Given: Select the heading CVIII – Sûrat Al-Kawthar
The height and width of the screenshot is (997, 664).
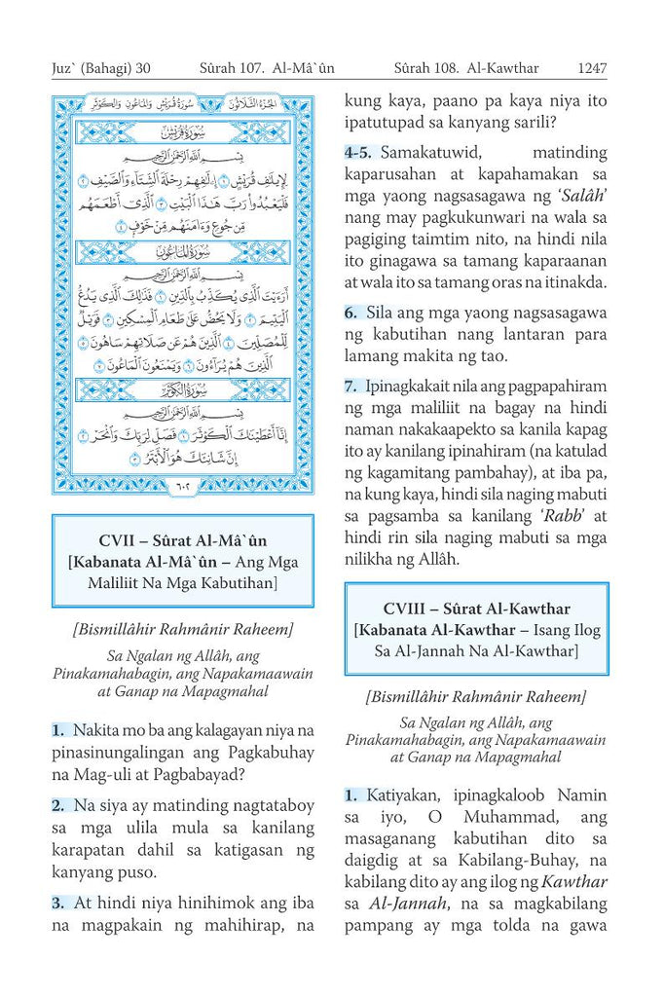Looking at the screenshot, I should point(476,609).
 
